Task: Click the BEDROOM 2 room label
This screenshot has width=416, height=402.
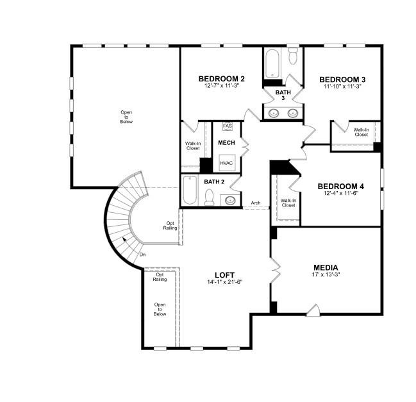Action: pos(220,79)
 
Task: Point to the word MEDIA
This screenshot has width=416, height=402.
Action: pos(326,267)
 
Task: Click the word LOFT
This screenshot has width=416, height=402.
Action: pos(224,275)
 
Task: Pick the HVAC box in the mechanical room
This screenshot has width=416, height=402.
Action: pos(226,163)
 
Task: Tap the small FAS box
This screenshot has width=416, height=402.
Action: pos(227,126)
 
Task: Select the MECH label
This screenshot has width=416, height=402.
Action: pos(226,142)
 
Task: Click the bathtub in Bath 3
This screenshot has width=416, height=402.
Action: pos(272,63)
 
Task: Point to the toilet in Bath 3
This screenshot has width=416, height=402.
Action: pos(293,57)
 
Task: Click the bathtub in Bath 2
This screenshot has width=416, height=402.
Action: pos(190,190)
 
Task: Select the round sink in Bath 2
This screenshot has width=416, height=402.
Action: pos(229,201)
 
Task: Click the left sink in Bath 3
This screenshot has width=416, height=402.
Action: pos(274,113)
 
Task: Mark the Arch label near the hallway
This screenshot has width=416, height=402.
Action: pos(255,203)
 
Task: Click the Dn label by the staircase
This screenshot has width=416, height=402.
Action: pos(142,254)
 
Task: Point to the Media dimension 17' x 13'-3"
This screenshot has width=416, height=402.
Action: pos(326,275)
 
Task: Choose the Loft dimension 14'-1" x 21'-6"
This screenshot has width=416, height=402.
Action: pos(224,282)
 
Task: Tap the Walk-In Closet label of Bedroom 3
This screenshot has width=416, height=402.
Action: pos(361,132)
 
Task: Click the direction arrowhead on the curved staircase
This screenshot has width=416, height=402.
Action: pos(124,240)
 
